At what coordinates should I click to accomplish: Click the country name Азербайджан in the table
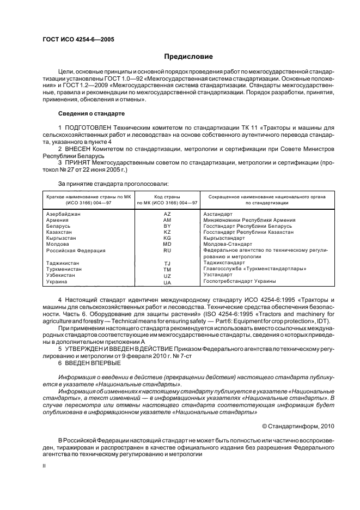63,214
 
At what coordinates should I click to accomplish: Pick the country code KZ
167,232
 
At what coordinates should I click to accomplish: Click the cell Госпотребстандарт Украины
239,281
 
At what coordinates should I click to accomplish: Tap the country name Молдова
58,244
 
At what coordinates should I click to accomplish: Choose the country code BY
167,226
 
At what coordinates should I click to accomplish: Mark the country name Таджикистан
64,263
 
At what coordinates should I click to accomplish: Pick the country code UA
167,282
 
